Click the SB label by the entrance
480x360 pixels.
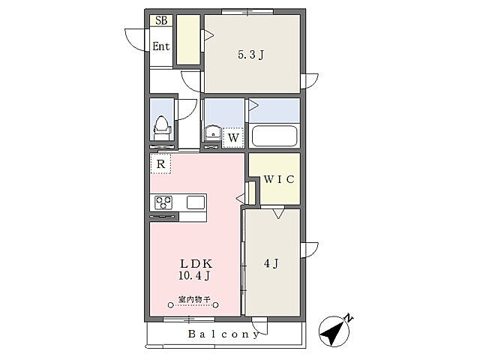tap(161, 20)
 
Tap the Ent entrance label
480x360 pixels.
tap(161, 46)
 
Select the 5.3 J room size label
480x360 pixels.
tap(251, 55)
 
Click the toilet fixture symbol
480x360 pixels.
tap(161, 128)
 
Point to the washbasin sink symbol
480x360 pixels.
tap(213, 133)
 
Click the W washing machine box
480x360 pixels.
tap(233, 138)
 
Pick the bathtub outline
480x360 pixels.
tap(274, 135)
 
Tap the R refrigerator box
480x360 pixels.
tap(160, 164)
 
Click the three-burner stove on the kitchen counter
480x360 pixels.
tap(163, 202)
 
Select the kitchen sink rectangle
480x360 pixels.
tap(196, 202)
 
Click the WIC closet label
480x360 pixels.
tap(279, 179)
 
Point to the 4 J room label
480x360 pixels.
tap(271, 263)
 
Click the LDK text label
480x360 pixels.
tap(196, 263)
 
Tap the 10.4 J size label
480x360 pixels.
tap(195, 276)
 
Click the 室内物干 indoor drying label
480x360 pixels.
tap(194, 299)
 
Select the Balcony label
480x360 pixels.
tap(223, 334)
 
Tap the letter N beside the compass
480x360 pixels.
tap(348, 317)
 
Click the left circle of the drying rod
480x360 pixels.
tap(171, 305)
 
